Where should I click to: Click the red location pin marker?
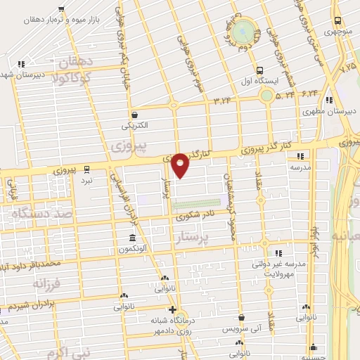181,166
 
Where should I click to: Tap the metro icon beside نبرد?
86,169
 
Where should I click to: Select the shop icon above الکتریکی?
134,115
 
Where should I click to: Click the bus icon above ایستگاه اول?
259,70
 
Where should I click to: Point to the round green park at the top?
243,30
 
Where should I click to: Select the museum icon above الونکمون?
131,238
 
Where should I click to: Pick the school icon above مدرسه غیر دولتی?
278,252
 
